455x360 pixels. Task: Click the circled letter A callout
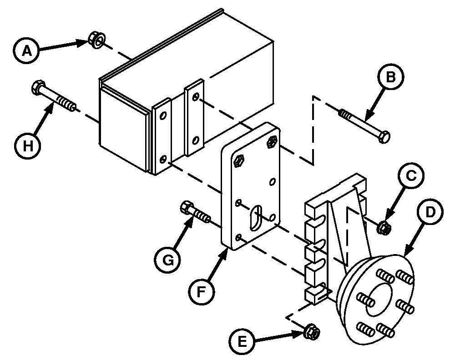click(x=26, y=50)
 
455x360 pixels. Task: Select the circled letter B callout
click(x=390, y=77)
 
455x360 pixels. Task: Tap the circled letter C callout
click(x=410, y=175)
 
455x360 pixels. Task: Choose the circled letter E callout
click(x=242, y=341)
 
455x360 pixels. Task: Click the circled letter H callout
click(x=28, y=145)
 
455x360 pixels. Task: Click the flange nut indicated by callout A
click(x=96, y=40)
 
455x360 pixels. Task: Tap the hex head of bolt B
click(x=385, y=137)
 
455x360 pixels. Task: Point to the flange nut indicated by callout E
click(x=311, y=332)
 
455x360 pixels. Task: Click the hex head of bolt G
click(x=187, y=208)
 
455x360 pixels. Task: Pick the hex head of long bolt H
click(x=38, y=87)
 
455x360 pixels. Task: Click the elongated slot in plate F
click(x=255, y=218)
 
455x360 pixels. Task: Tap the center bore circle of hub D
click(x=379, y=300)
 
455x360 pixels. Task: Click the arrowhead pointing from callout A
click(x=82, y=43)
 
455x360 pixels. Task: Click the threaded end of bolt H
click(x=66, y=104)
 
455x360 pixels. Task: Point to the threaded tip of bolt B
click(x=346, y=114)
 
